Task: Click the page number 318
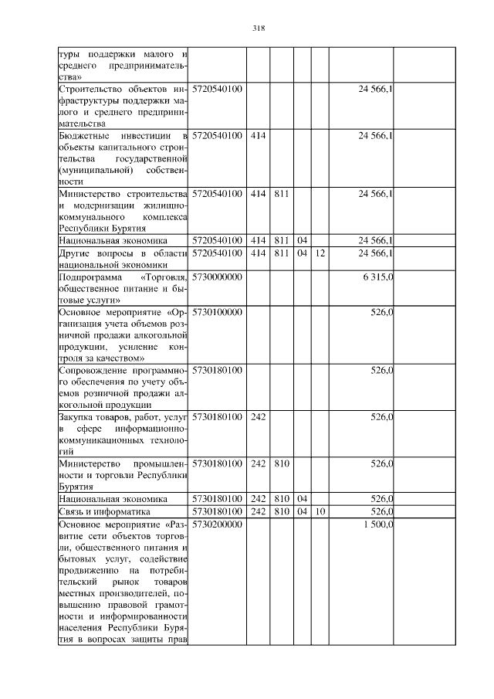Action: [x=259, y=29]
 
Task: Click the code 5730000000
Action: [x=217, y=276]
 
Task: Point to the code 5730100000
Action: [x=217, y=312]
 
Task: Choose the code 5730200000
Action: [x=217, y=524]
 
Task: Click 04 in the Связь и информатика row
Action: [x=303, y=511]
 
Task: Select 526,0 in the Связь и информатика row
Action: [x=382, y=511]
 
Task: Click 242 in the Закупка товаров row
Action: [x=258, y=417]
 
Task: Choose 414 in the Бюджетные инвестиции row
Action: [x=258, y=136]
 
